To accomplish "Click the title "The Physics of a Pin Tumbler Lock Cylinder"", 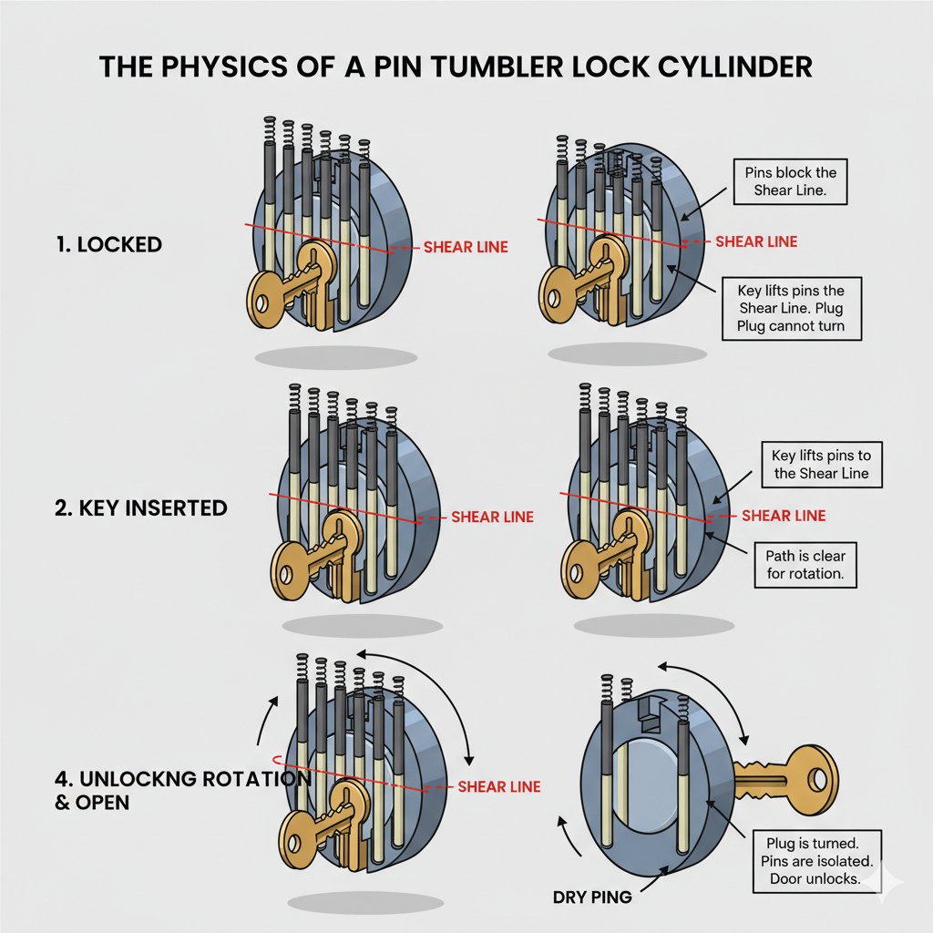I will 456,67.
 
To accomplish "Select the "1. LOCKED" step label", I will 107,244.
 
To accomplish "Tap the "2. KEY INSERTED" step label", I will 141,508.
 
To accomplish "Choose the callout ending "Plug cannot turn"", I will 791,308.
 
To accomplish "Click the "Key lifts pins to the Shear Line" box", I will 820,465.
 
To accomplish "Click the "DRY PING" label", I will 591,897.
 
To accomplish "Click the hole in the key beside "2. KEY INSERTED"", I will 290,574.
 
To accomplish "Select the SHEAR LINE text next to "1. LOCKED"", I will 466,247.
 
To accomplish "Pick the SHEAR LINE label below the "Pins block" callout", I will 756,241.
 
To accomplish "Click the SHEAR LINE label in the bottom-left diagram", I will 498,786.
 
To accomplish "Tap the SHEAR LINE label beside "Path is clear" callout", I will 784,516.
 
